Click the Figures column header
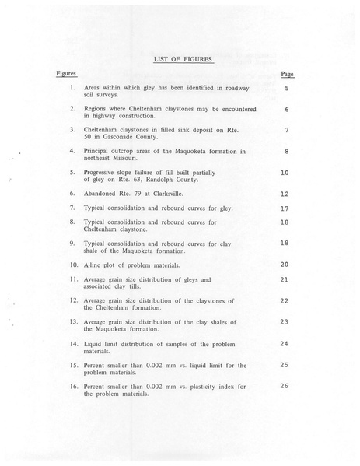(x=66, y=73)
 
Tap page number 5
(x=286, y=89)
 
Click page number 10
(x=285, y=172)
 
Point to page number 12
(x=285, y=194)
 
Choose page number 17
(x=285, y=208)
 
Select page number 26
(x=284, y=385)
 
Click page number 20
(x=284, y=265)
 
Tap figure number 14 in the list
(x=72, y=342)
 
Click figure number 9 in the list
(x=72, y=242)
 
